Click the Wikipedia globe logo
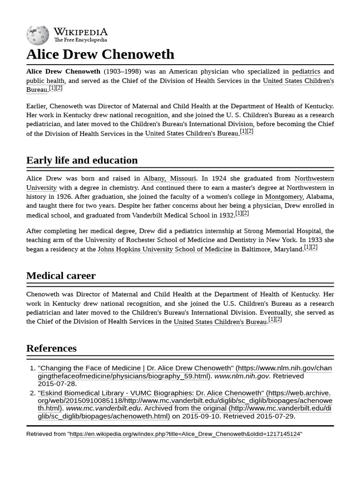click(37, 35)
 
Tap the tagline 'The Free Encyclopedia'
click(80, 40)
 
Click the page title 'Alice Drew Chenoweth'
click(100, 54)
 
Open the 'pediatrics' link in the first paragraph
click(306, 72)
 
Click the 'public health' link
click(45, 81)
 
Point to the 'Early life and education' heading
click(82, 160)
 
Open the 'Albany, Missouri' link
click(170, 179)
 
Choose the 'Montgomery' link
click(284, 197)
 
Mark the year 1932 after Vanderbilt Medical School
click(226, 215)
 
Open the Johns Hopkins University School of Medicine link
click(165, 249)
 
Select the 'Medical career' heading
click(61, 276)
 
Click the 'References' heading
click(52, 348)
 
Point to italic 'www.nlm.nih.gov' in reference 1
click(241, 376)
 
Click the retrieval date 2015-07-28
click(57, 383)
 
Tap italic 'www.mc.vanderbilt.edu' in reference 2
click(103, 408)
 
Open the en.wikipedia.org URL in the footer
click(185, 434)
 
